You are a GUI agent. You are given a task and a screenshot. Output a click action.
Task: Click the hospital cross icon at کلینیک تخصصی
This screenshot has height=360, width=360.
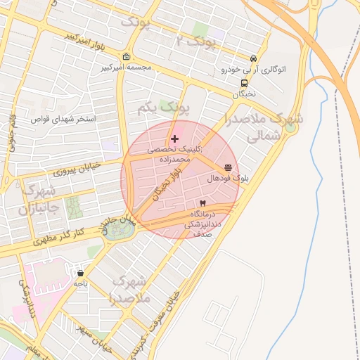pos(174,139)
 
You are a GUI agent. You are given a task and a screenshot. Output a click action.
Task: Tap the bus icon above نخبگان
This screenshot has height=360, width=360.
pos(243,83)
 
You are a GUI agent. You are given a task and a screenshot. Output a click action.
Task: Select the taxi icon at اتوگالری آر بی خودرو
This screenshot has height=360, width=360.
pos(253,59)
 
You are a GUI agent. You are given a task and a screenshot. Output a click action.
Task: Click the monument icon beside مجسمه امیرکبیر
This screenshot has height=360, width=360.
pos(126,57)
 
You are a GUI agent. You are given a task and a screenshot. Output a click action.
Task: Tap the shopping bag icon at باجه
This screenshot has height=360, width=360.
pos(81,273)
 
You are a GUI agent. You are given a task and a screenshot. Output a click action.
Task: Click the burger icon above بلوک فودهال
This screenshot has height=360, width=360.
pos(228,168)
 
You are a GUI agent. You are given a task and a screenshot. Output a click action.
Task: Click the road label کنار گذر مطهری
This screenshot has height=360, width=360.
pos(61,236)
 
